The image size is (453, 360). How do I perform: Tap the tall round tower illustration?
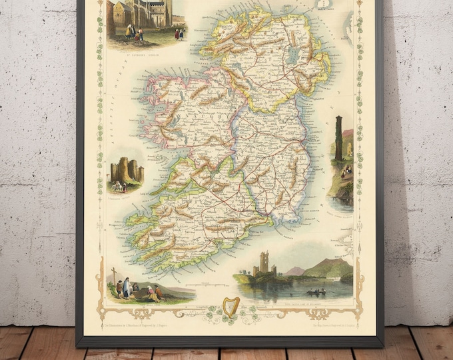tap(338, 138)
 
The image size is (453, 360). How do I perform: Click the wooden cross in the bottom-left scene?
tap(114, 275)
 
